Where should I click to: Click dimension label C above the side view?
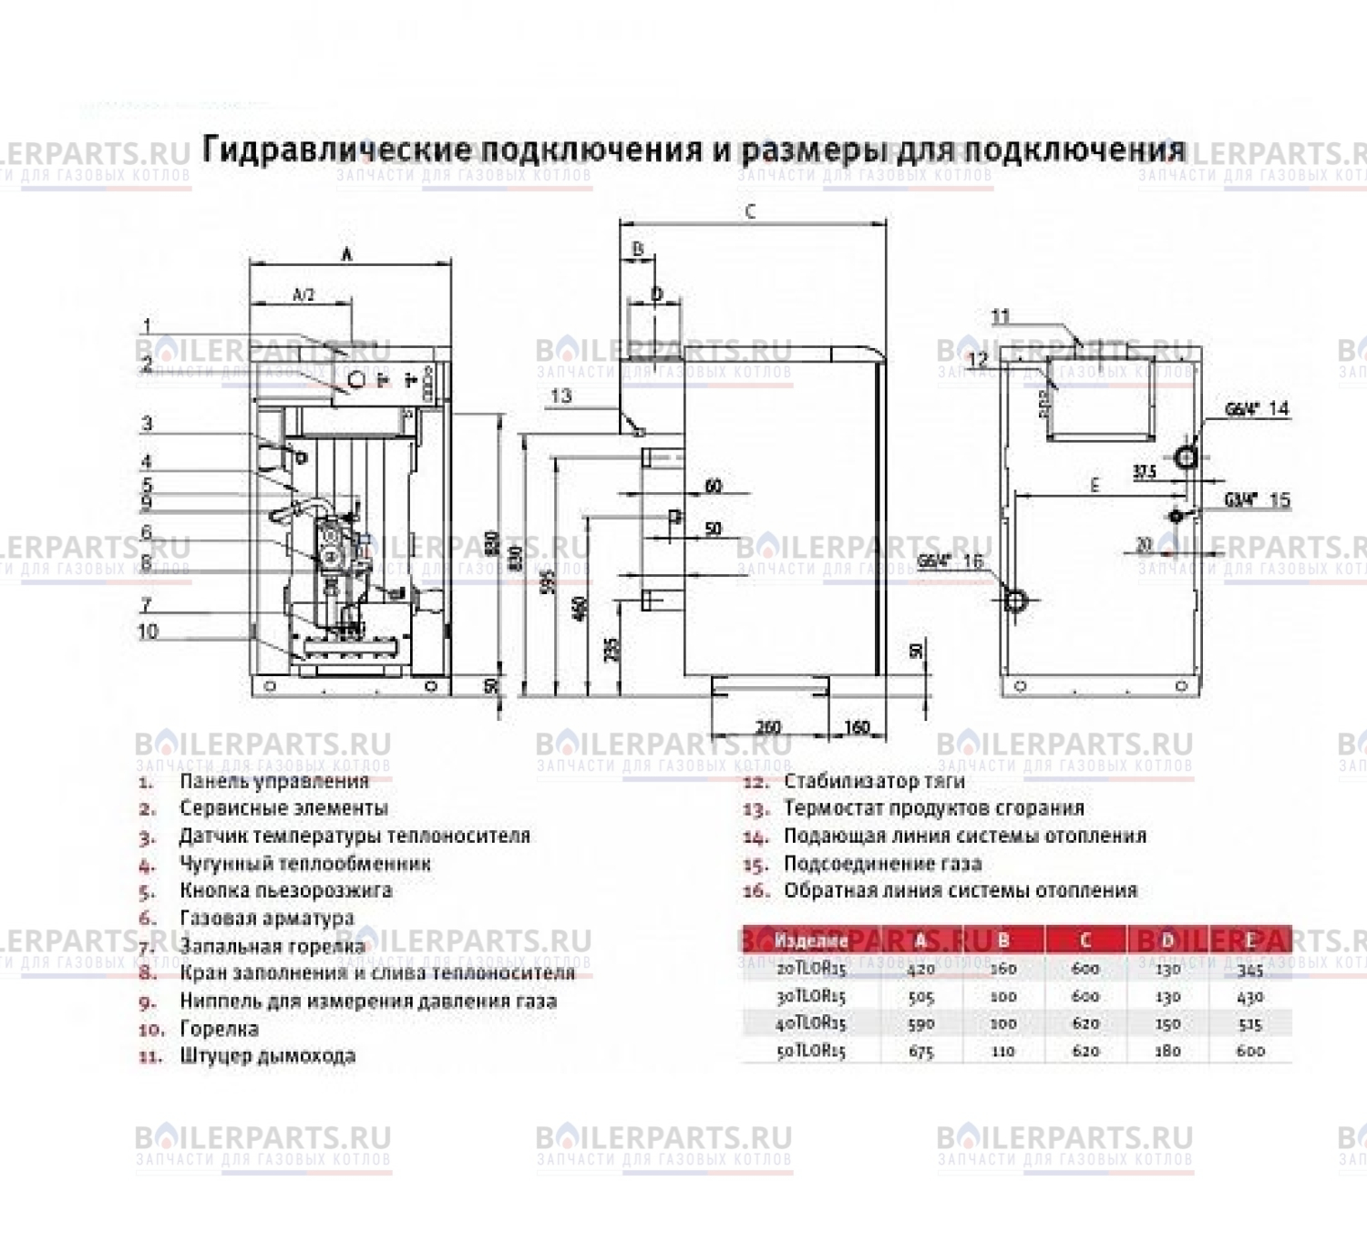750,211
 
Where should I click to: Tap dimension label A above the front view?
347,255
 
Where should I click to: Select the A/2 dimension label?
303,294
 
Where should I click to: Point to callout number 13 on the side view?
561,395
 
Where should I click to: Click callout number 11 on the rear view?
1001,317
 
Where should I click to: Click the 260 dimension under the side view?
768,727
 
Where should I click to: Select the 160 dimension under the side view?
857,727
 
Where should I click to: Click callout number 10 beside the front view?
148,631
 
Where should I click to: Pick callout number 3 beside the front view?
148,424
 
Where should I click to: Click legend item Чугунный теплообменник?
304,863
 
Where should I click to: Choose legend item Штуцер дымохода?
267,1056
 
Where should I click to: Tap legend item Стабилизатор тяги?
873,781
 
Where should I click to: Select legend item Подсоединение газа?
882,863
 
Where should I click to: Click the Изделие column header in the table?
810,940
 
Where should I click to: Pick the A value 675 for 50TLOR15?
921,1051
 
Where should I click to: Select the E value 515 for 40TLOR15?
1250,1024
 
